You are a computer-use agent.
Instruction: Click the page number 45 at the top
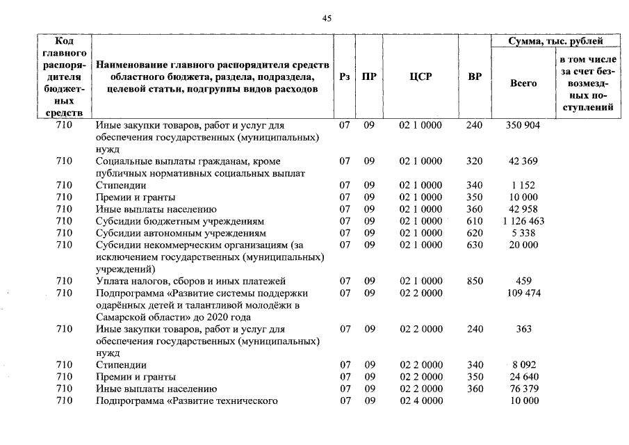[x=327, y=19]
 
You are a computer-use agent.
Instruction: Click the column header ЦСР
[x=420, y=77]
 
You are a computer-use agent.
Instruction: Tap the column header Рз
[x=344, y=77]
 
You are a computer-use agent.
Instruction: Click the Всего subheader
[x=523, y=83]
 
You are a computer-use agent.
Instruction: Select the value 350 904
[x=523, y=125]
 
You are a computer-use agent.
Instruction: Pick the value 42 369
[x=523, y=161]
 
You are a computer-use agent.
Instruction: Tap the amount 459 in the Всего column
[x=523, y=281]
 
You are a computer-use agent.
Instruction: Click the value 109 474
[x=523, y=293]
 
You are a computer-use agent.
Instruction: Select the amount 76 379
[x=523, y=389]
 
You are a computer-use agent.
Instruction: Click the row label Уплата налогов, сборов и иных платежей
[x=190, y=281]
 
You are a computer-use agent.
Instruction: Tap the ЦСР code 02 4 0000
[x=420, y=401]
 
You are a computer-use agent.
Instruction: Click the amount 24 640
[x=523, y=377]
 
